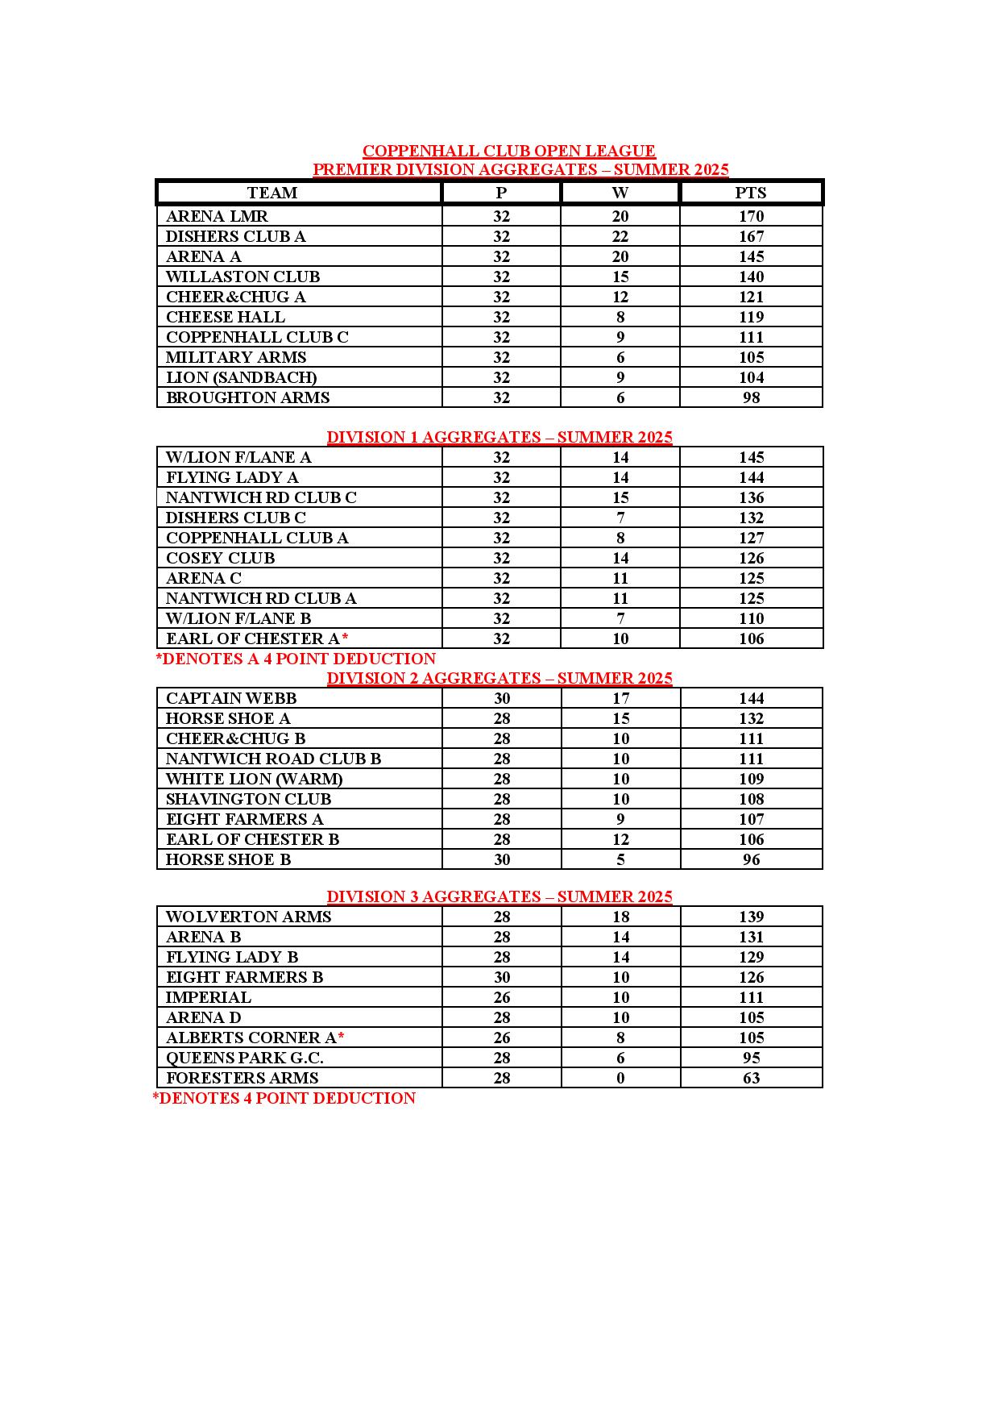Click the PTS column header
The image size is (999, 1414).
coord(751,193)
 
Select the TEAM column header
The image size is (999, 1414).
coord(272,193)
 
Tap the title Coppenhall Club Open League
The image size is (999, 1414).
coord(508,151)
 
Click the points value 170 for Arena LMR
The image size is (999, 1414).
coord(751,216)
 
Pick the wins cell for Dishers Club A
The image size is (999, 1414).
coord(620,236)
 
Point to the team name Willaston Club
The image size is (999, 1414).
coord(242,277)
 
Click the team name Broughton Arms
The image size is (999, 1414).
coord(247,397)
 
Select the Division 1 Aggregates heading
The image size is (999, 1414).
coord(499,437)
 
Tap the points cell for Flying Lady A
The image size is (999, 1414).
coord(751,477)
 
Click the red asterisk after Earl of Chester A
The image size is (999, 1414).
coord(345,638)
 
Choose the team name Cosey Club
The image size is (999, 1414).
coord(220,558)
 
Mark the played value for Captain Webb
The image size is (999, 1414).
coord(501,698)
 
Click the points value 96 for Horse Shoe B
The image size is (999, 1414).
coord(751,859)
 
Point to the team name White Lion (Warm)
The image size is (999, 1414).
coord(254,779)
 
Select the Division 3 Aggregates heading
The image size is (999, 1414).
coord(499,896)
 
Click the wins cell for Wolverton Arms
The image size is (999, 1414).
coord(620,917)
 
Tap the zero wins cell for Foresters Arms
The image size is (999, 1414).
coord(620,1078)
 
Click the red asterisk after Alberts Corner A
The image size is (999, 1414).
coord(341,1037)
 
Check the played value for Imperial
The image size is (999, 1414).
coord(501,997)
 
